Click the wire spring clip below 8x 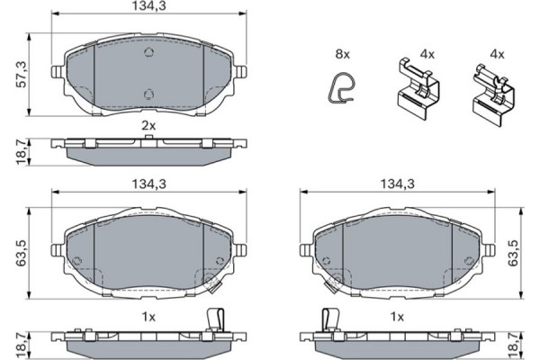[x=339, y=90]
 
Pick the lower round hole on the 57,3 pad [x=150, y=93]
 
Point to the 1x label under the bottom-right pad [x=395, y=316]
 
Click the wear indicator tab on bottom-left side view [x=214, y=320]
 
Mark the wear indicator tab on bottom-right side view [x=328, y=320]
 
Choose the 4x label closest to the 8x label [x=427, y=55]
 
